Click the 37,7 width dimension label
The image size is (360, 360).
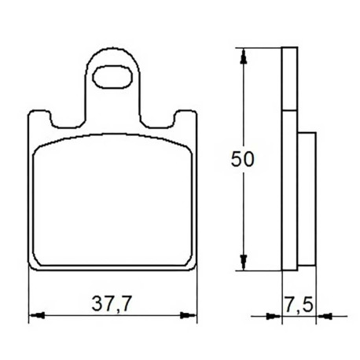[x=111, y=304]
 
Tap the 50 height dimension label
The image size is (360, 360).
[x=242, y=159]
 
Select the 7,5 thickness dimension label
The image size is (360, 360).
[x=299, y=305]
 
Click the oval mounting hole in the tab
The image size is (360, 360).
[x=112, y=76]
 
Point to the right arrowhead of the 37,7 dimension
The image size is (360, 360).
[x=189, y=315]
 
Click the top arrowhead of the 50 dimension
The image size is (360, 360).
[x=244, y=56]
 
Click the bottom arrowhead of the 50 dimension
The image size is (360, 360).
[x=244, y=262]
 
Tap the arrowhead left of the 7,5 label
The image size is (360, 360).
[x=274, y=316]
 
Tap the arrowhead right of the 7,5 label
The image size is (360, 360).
[x=324, y=316]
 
